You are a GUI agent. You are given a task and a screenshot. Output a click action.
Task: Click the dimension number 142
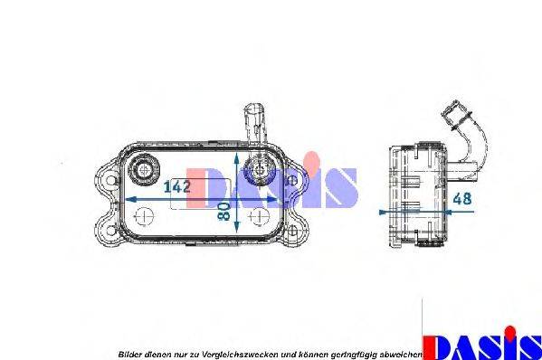click(177, 188)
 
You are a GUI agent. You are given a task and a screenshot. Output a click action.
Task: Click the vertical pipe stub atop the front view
click(252, 122)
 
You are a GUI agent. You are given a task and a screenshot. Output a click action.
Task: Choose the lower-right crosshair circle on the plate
click(258, 216)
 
